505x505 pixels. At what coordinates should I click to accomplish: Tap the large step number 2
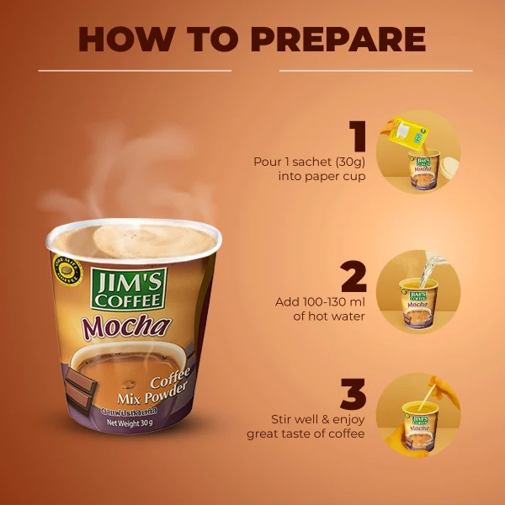[355, 277]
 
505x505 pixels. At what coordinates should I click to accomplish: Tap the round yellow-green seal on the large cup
[64, 271]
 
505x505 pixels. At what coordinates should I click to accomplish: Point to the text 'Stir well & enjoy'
[318, 418]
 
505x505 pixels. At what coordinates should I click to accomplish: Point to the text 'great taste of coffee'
[306, 434]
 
